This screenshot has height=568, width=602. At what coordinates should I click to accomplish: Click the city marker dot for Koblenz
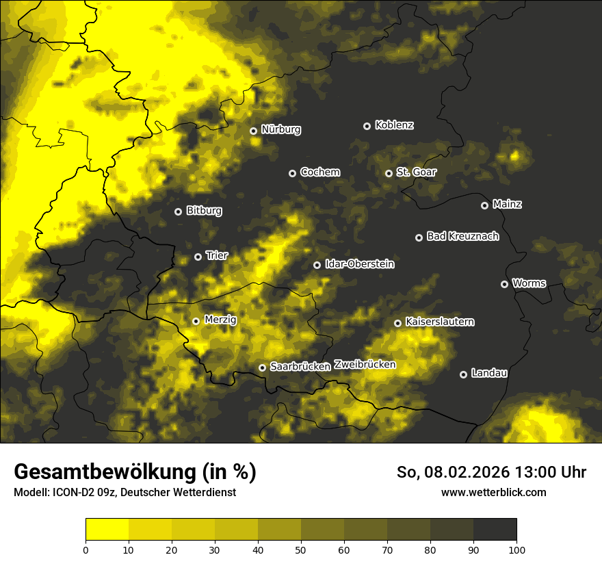point(367,126)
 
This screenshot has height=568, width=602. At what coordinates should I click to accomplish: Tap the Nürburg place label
point(280,129)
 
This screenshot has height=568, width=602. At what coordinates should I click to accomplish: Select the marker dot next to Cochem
point(292,173)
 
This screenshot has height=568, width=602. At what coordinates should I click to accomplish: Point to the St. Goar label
point(416,172)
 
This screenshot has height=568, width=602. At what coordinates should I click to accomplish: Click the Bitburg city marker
point(178,211)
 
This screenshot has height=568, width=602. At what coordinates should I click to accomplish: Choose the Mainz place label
point(507,204)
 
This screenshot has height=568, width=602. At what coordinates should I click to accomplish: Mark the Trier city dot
point(198,257)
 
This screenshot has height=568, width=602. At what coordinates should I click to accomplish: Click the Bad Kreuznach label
point(462,236)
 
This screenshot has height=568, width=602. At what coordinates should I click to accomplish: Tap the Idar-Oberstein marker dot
point(317,265)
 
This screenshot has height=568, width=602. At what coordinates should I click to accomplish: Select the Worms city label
point(529,283)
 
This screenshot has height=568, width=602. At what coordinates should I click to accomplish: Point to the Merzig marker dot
point(196,321)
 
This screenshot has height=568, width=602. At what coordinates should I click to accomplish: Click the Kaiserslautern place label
point(439,322)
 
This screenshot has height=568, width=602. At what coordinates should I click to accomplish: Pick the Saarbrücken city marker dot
point(262,367)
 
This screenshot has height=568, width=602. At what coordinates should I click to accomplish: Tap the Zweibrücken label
point(365,364)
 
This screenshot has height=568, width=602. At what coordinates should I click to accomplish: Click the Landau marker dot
point(463,374)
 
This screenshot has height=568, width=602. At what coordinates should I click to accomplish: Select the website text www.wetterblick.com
point(493,492)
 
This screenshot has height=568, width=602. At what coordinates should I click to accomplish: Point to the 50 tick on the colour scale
point(301,550)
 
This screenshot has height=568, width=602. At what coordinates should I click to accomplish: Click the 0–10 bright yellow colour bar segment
point(107,530)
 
